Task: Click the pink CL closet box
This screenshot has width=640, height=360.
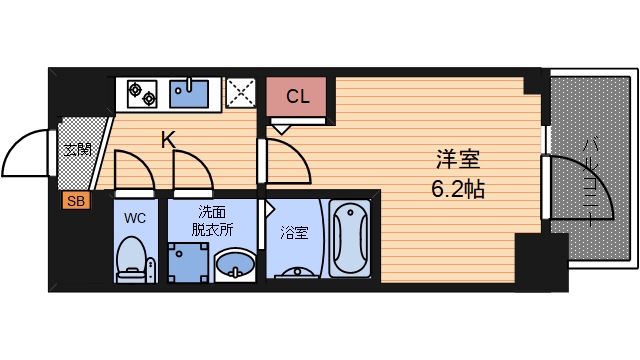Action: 296,97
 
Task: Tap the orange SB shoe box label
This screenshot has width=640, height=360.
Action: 75,201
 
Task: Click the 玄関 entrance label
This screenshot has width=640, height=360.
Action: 76,151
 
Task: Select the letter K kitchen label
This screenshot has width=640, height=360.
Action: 168,140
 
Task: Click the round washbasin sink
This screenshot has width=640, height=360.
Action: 237,267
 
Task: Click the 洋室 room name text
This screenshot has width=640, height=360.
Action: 459,159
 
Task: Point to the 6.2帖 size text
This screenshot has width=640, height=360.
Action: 459,188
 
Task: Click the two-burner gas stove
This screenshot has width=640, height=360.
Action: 141,93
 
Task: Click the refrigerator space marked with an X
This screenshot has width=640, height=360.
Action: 241,94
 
